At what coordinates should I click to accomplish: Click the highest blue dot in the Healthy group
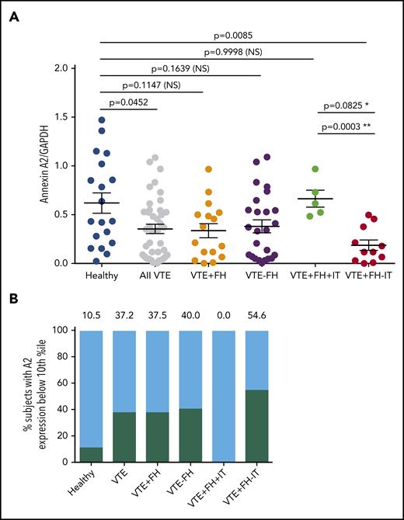pos(102,120)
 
